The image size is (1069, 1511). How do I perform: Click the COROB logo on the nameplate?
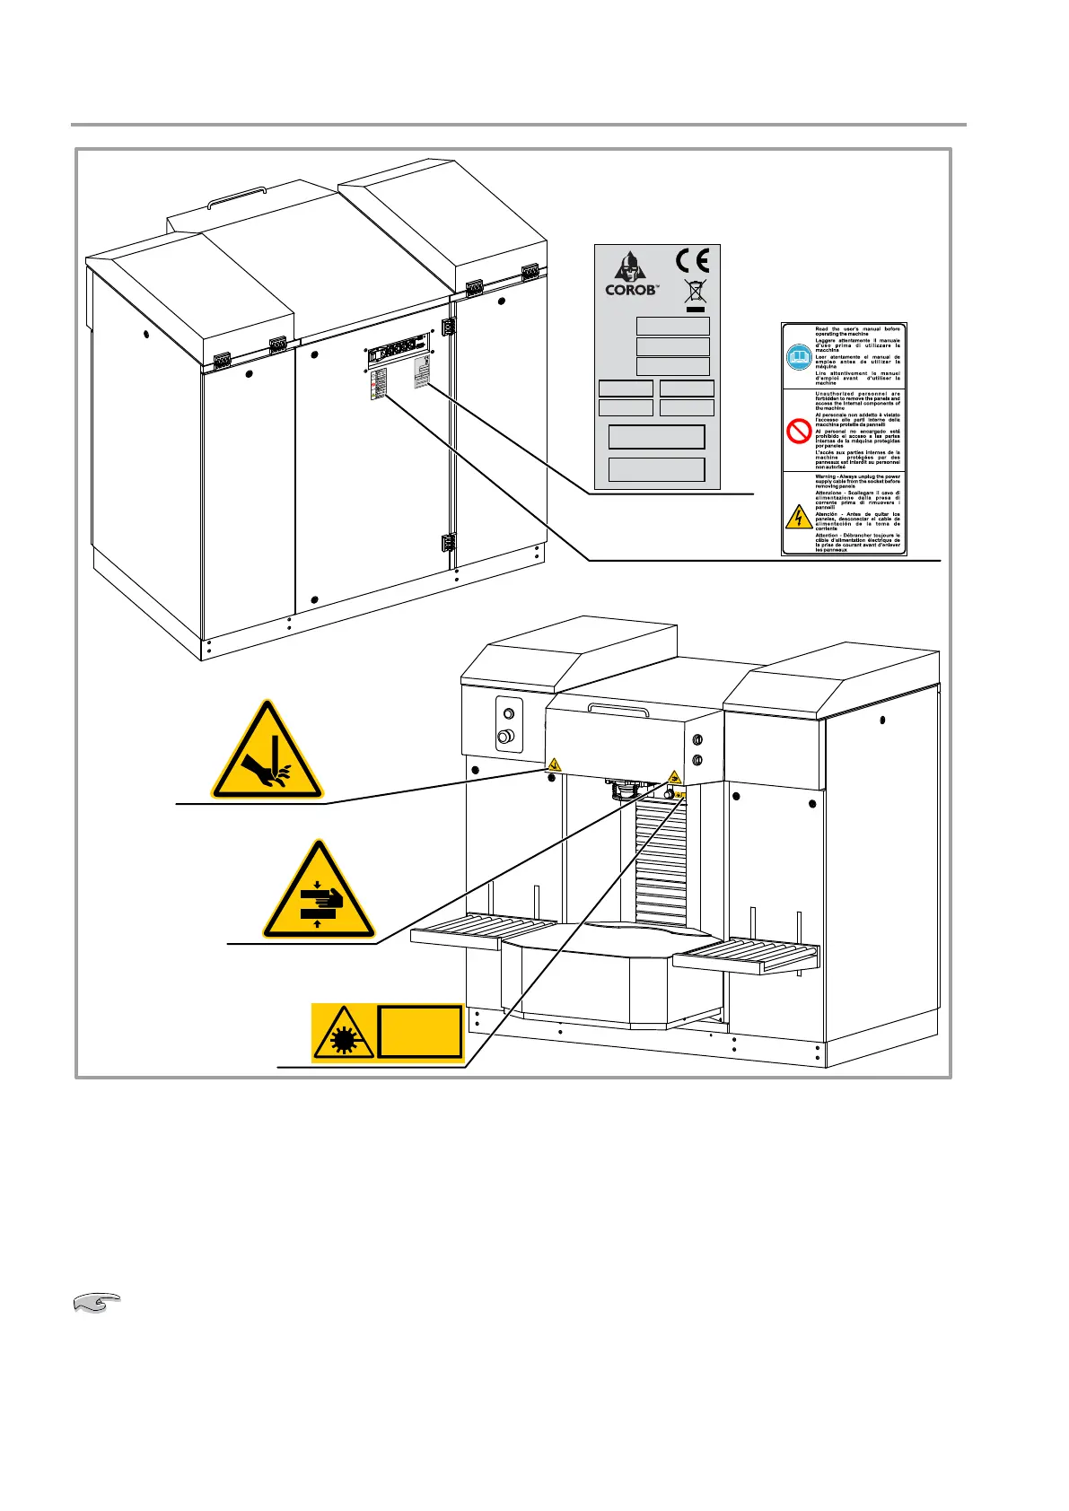[632, 275]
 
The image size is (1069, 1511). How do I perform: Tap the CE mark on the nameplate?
[692, 260]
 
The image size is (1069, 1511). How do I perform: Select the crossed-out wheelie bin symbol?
[693, 292]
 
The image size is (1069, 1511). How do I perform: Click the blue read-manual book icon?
[798, 357]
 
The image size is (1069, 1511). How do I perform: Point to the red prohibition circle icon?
[798, 432]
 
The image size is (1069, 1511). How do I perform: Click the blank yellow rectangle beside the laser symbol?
[419, 1032]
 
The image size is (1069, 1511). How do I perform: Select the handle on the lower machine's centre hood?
[618, 709]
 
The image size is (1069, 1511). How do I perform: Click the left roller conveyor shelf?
[485, 929]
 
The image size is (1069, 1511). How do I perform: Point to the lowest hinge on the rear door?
[446, 542]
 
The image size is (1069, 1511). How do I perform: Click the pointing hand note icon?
[95, 1303]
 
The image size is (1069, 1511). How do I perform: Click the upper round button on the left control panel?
[508, 714]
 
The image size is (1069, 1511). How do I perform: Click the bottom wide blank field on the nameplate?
[656, 469]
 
